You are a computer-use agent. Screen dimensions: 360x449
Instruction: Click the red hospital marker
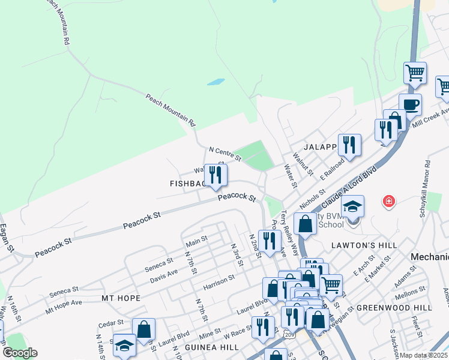[x=389, y=201]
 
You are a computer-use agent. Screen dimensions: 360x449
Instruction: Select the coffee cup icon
[x=411, y=104]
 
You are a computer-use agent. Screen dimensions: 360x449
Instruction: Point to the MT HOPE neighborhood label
[x=121, y=298]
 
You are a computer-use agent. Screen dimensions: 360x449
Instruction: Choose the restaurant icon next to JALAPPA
[x=349, y=145]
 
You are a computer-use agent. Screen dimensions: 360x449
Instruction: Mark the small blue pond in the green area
[x=215, y=82]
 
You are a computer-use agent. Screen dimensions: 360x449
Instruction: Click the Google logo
[x=20, y=353]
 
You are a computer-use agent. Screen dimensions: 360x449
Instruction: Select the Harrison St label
[x=218, y=280]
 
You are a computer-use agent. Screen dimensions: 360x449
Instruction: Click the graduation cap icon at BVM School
[x=353, y=207]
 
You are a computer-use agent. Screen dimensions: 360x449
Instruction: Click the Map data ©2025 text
[x=424, y=355]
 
